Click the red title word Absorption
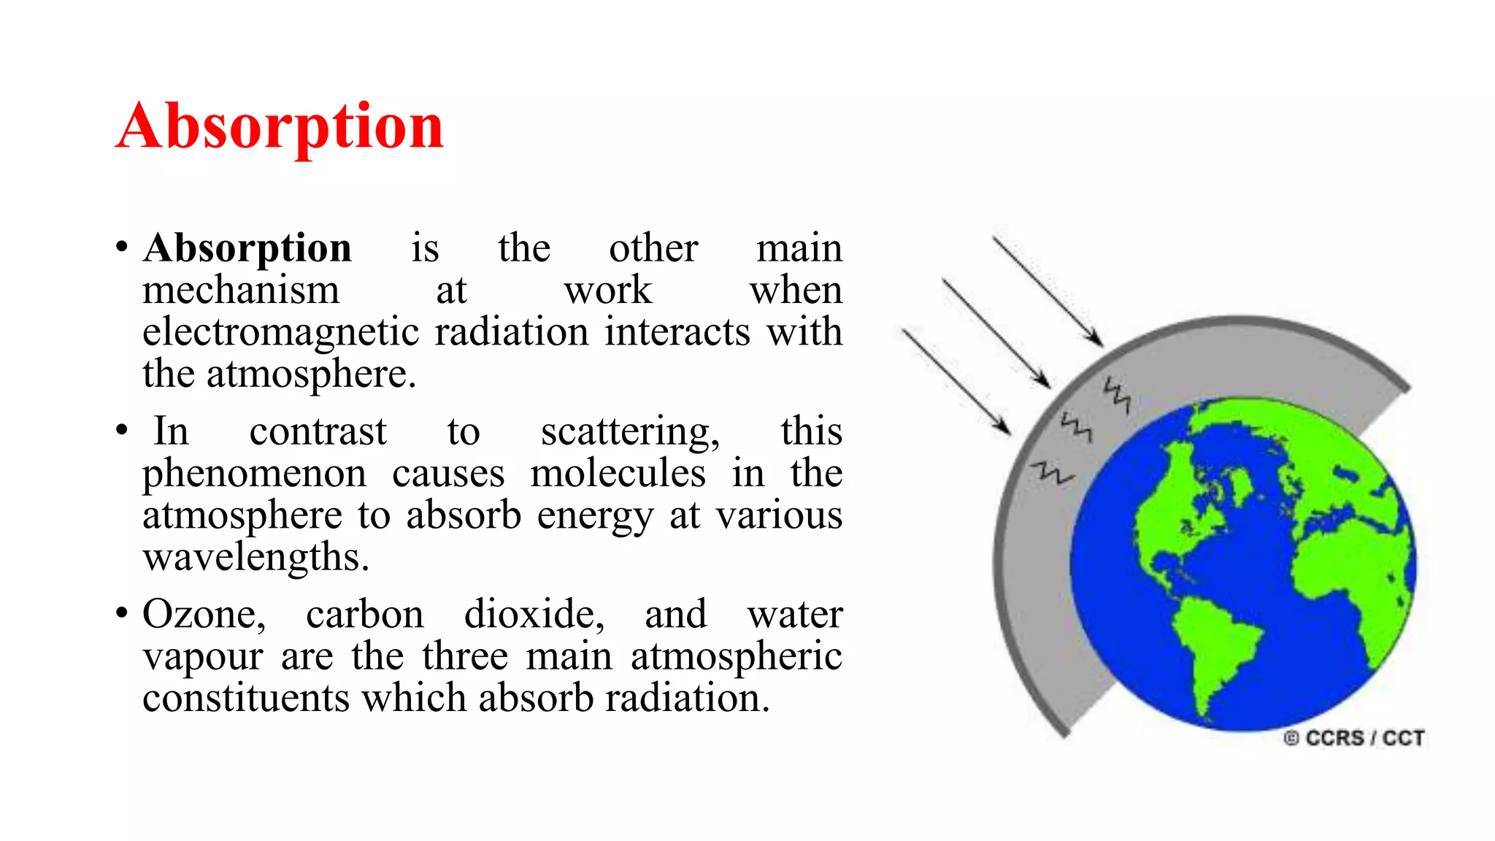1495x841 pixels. (280, 127)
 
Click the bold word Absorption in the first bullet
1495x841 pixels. (247, 248)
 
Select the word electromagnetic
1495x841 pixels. (280, 332)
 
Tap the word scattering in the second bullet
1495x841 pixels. (629, 432)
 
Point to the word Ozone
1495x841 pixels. (204, 614)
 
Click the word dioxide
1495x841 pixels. (534, 614)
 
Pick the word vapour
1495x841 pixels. (202, 656)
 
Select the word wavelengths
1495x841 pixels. (255, 558)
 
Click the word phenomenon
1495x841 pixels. (254, 474)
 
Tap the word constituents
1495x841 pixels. (246, 698)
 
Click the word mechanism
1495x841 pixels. (241, 291)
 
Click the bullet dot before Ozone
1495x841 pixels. (122, 612)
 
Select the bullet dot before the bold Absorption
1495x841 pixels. (122, 247)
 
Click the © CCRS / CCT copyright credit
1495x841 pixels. (1353, 738)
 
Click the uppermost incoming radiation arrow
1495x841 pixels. (1047, 291)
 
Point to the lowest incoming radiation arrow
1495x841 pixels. (956, 382)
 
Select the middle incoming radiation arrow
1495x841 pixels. (996, 332)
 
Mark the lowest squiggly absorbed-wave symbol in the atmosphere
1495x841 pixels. (1052, 473)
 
